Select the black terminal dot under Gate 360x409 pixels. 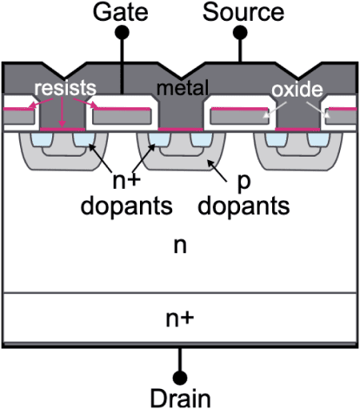tap(123, 31)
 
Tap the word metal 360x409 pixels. tap(180, 88)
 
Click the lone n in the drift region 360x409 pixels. tap(180, 246)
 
